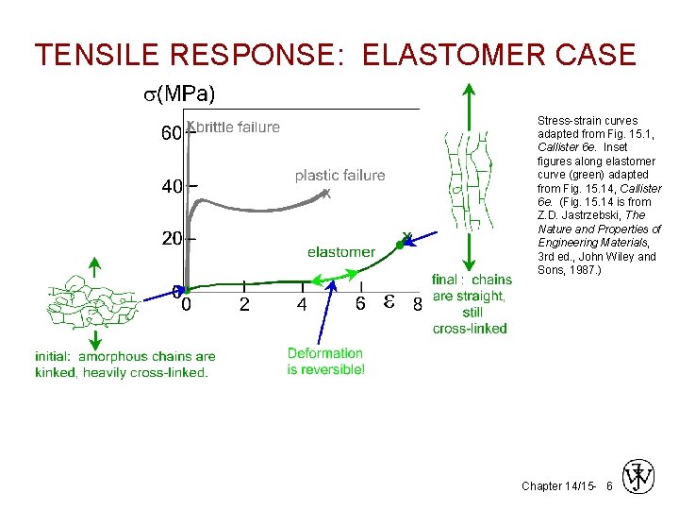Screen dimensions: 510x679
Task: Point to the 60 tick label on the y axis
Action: point(171,135)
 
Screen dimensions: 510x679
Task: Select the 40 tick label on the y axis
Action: point(171,188)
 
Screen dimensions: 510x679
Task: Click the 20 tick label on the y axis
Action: point(171,239)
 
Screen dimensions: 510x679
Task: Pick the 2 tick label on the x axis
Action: point(244,305)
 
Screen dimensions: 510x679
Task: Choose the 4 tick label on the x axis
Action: point(302,305)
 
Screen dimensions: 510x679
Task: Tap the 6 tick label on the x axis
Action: point(360,304)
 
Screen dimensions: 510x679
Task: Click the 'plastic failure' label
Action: point(339,175)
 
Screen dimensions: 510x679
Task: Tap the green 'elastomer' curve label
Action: point(341,252)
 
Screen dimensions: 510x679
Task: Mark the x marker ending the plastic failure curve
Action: point(326,194)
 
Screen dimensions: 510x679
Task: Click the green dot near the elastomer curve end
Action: point(400,245)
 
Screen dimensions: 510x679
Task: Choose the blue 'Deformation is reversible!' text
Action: point(326,361)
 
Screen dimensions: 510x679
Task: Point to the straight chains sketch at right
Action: point(467,180)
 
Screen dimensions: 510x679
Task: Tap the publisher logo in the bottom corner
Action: point(638,476)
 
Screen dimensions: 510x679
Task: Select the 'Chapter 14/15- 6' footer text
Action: point(567,485)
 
